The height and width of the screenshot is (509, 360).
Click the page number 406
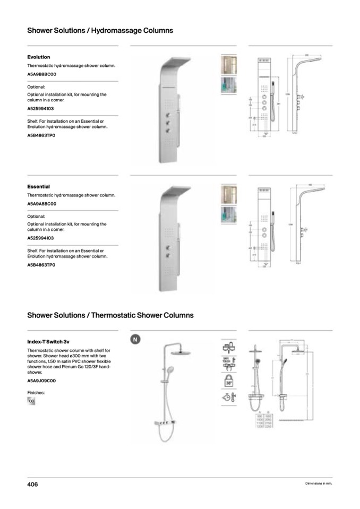(x=33, y=484)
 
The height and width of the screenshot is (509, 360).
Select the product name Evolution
(x=39, y=57)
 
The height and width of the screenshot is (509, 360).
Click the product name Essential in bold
(x=38, y=187)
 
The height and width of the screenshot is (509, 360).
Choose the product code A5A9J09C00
(x=41, y=381)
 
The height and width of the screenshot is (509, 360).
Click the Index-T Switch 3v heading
(x=48, y=342)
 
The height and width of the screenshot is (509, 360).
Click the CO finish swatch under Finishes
(x=31, y=402)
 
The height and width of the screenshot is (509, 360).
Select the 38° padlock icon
(x=229, y=381)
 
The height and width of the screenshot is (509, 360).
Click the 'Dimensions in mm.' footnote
(x=319, y=484)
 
